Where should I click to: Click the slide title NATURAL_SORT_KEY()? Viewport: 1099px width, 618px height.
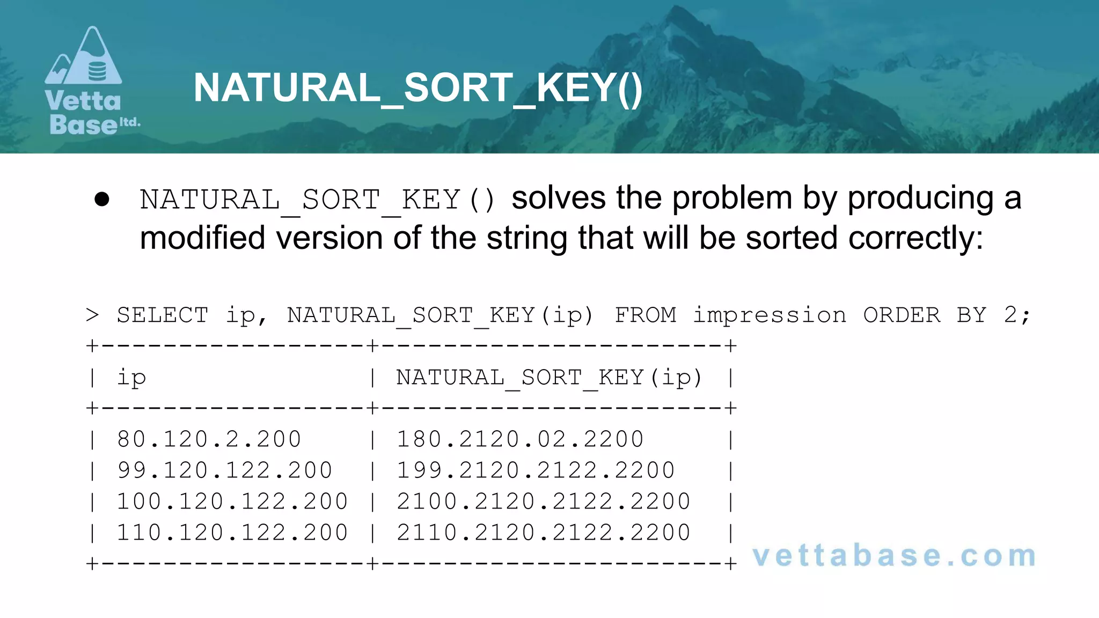pos(417,88)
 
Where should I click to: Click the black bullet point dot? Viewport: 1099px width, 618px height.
pos(101,200)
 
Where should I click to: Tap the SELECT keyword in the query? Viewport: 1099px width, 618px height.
pos(162,315)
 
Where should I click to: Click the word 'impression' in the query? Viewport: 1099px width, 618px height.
pos(770,315)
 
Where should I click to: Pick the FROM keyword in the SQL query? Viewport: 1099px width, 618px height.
pos(645,315)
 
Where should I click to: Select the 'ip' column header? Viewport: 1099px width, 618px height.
pos(131,378)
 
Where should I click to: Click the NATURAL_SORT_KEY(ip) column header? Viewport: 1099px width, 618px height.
pos(549,378)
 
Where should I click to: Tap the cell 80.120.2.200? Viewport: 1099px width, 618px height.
pos(209,439)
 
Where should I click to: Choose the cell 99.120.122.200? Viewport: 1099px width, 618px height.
pos(224,470)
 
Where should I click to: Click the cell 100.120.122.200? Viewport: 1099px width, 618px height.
pos(232,502)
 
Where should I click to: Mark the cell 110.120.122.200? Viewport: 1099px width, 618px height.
pos(232,533)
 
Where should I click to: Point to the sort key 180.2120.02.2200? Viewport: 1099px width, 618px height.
pos(519,439)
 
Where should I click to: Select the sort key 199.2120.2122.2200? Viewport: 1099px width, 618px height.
pos(535,470)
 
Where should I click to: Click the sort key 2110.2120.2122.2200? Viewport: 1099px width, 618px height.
pos(543,533)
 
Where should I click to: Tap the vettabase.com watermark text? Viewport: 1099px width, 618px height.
pos(894,556)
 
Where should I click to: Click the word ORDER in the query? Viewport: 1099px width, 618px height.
pos(902,315)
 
